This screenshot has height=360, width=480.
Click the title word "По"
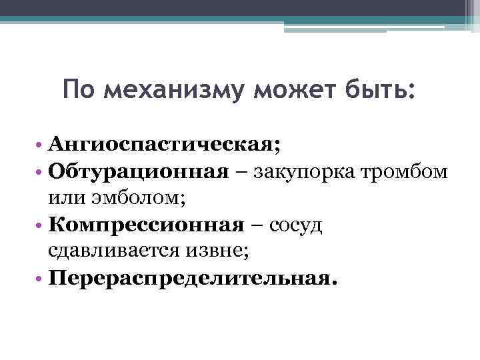point(80,89)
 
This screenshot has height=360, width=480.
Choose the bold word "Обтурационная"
point(137,171)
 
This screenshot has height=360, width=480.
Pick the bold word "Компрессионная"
point(147,224)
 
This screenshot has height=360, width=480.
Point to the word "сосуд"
point(297,225)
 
